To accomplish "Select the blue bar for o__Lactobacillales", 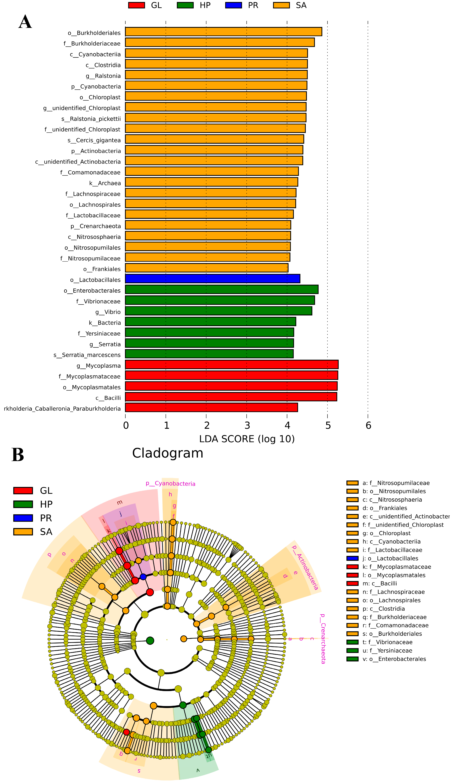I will point(212,278).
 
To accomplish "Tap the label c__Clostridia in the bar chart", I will point(103,65).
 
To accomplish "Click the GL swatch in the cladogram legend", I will point(23,491).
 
